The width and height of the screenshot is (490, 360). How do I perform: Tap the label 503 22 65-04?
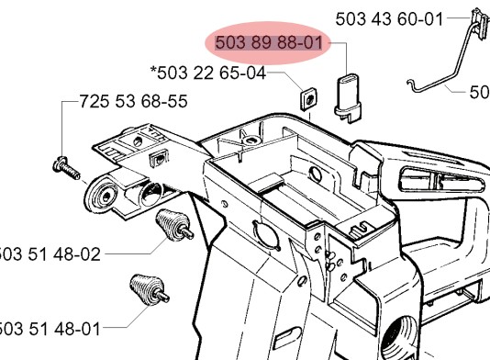[212, 71]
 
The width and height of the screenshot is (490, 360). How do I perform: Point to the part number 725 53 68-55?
[133, 99]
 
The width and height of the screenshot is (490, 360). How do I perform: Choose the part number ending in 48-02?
[50, 254]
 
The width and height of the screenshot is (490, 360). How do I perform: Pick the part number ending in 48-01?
[50, 328]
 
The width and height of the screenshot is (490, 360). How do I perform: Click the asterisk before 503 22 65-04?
[154, 70]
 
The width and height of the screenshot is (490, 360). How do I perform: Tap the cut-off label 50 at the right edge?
[479, 92]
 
